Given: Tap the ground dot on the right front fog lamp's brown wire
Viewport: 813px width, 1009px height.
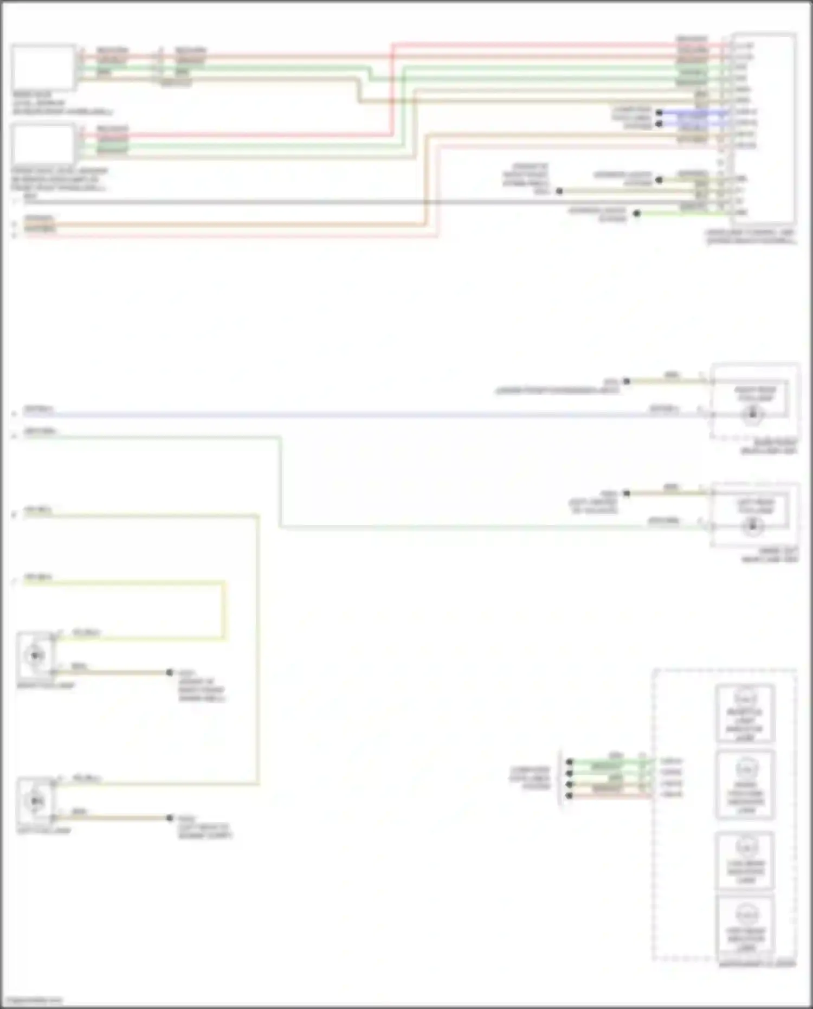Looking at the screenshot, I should tap(170, 672).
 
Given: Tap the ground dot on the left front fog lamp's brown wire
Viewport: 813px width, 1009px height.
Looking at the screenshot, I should tap(170, 818).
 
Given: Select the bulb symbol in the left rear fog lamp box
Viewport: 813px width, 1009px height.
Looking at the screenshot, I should tap(752, 525).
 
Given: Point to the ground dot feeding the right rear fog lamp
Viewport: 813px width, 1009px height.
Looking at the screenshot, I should tap(627, 381).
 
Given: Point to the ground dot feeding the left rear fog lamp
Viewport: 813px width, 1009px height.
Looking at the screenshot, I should tap(627, 493).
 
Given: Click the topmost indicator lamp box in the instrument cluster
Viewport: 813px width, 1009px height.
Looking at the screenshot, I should tap(745, 713).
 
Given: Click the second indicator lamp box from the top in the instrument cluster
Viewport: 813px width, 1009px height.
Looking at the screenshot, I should tap(745, 785).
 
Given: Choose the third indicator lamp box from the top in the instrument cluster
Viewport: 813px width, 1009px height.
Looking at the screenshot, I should tap(745, 860).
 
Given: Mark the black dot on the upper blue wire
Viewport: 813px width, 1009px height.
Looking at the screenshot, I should tap(659, 113).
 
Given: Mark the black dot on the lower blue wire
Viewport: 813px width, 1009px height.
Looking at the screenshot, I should tap(659, 124).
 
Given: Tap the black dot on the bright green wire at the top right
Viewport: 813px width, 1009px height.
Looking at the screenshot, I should tap(637, 214).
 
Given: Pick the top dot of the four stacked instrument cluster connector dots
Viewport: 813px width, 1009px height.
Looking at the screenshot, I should tap(569, 762).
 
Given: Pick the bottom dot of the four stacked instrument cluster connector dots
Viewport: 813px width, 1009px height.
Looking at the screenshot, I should tap(569, 795).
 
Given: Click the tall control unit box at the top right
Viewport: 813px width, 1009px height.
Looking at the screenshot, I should tap(763, 128).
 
